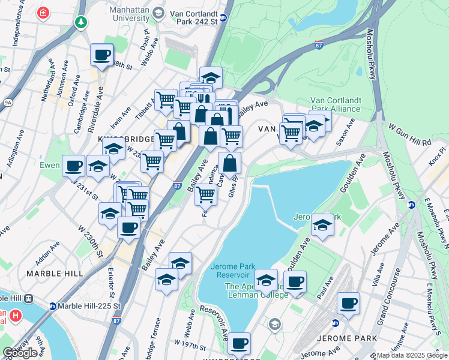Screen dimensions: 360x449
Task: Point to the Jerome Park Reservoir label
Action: [x=233, y=271]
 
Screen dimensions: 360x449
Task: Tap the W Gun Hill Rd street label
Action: [x=410, y=135]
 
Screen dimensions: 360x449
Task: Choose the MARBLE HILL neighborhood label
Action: [x=54, y=274]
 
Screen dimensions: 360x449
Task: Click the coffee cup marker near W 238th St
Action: [x=101, y=55]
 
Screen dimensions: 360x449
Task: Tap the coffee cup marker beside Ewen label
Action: [x=74, y=165]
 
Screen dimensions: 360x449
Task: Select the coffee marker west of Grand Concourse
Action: [x=348, y=303]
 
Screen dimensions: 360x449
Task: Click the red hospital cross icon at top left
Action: [x=43, y=12]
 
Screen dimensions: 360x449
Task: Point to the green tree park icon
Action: [x=81, y=22]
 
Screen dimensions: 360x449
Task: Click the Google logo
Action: [x=20, y=353]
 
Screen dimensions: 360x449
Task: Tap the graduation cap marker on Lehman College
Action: [x=266, y=280]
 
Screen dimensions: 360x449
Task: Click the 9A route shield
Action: [x=7, y=103]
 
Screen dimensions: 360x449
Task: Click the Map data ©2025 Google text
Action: [x=412, y=355]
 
